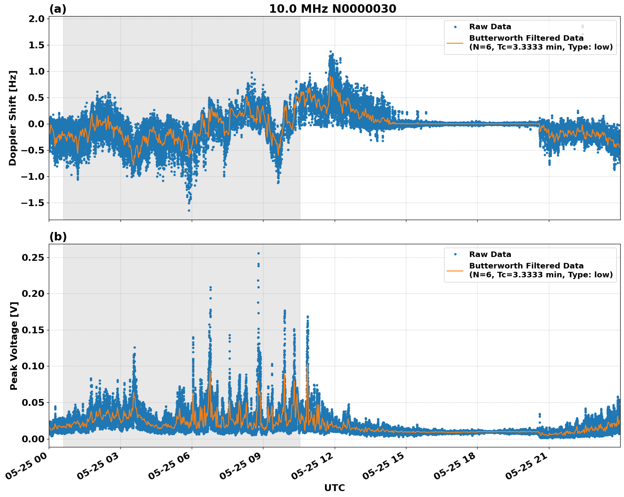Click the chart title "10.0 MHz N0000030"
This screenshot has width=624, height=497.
[332, 9]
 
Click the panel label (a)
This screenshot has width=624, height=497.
[58, 9]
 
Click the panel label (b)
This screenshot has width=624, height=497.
[58, 237]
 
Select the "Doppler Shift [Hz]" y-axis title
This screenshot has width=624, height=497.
[13, 118]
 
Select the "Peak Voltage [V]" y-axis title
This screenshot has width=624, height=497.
[14, 346]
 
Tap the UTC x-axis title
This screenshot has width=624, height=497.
[334, 488]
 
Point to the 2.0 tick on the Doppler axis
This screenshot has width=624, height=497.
[37, 19]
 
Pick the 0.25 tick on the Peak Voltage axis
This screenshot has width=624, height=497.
[34, 257]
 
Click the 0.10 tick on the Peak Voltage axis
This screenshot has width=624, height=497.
[34, 366]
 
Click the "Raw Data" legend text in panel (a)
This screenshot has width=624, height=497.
[490, 27]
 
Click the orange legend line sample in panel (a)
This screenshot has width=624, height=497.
[455, 43]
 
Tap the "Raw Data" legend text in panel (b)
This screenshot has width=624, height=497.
[490, 254]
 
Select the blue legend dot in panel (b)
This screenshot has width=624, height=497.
[455, 254]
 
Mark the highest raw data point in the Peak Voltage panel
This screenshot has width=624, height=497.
[258, 253]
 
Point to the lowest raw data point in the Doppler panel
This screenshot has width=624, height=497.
[189, 210]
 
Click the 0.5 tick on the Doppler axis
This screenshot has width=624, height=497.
[37, 98]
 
